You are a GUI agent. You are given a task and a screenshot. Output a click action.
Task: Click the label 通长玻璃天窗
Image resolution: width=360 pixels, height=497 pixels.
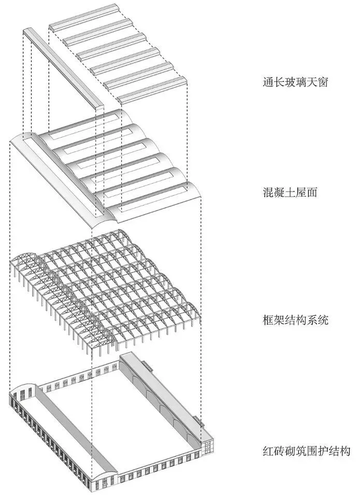[295, 82]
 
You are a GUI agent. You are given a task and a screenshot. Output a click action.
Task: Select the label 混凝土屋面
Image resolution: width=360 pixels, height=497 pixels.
[290, 192]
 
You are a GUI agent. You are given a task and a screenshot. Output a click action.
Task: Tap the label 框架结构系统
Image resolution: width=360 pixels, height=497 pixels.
[295, 319]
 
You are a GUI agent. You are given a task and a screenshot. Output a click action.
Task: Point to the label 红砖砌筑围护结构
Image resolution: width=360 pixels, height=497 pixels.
[306, 450]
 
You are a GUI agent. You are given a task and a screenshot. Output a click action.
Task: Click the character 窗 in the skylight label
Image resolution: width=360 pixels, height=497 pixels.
[322, 82]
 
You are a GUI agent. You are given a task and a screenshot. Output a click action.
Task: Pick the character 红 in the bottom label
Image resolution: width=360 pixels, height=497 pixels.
[268, 450]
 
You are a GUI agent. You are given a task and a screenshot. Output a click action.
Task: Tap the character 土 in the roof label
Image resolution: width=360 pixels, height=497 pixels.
[290, 192]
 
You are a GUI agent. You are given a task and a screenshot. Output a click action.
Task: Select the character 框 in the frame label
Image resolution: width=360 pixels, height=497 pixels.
[268, 319]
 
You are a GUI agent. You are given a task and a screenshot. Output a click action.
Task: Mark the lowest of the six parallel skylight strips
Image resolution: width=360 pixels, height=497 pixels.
[152, 90]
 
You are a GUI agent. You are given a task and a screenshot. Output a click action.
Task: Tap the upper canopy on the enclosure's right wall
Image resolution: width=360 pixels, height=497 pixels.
[147, 365]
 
